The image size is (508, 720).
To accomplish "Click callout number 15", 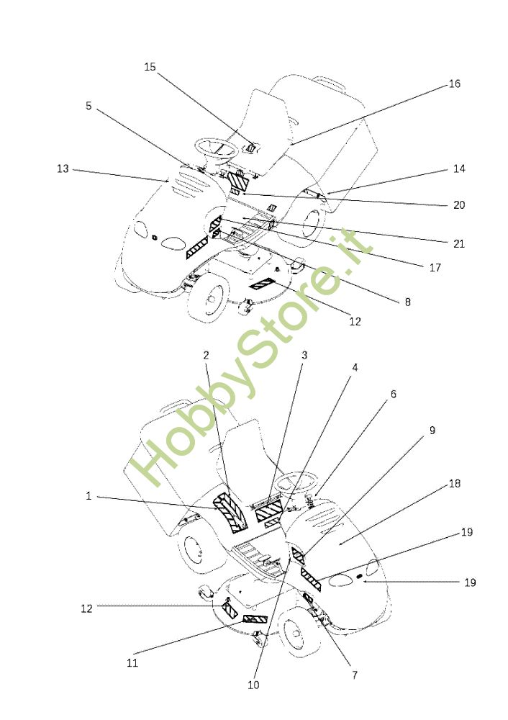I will click(150, 67).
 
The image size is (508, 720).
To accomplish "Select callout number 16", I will click(454, 84).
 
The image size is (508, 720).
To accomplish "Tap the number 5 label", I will click(89, 105).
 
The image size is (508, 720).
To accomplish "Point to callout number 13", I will click(63, 168).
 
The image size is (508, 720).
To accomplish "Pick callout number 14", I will click(459, 168).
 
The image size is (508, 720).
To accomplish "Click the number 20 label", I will click(458, 204).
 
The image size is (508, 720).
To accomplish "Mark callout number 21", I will click(458, 243).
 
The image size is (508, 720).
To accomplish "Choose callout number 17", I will click(435, 267).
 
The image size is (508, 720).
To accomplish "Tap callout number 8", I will click(407, 302).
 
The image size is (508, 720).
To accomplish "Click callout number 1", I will click(89, 495).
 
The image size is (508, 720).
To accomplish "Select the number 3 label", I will click(304, 355).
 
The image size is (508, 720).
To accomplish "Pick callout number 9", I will click(432, 430).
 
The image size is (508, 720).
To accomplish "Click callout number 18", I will click(454, 483).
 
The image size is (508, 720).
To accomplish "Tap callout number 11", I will click(133, 663).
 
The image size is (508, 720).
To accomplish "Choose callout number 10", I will click(253, 685).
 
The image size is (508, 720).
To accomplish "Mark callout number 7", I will click(354, 675).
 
